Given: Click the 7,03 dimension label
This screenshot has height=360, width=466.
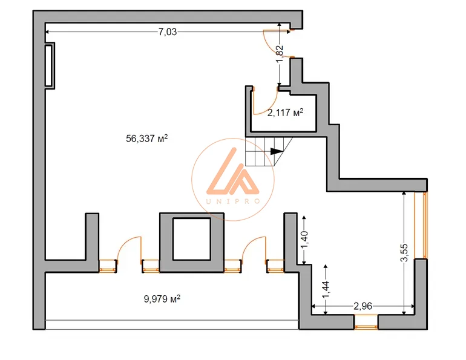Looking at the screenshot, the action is click(167, 32).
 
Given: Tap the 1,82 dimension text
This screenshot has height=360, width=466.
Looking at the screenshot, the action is click(280, 54).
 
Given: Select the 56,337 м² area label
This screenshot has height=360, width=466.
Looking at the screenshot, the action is click(147, 139).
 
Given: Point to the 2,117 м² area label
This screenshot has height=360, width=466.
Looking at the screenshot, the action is click(285, 113).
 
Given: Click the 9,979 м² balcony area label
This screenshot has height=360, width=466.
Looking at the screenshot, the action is click(162, 298).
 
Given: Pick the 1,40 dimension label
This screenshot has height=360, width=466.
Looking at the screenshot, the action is click(304, 240).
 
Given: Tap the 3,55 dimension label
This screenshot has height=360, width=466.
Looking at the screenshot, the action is click(404, 253).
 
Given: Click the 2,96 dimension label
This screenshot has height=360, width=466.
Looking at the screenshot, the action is click(363, 306).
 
